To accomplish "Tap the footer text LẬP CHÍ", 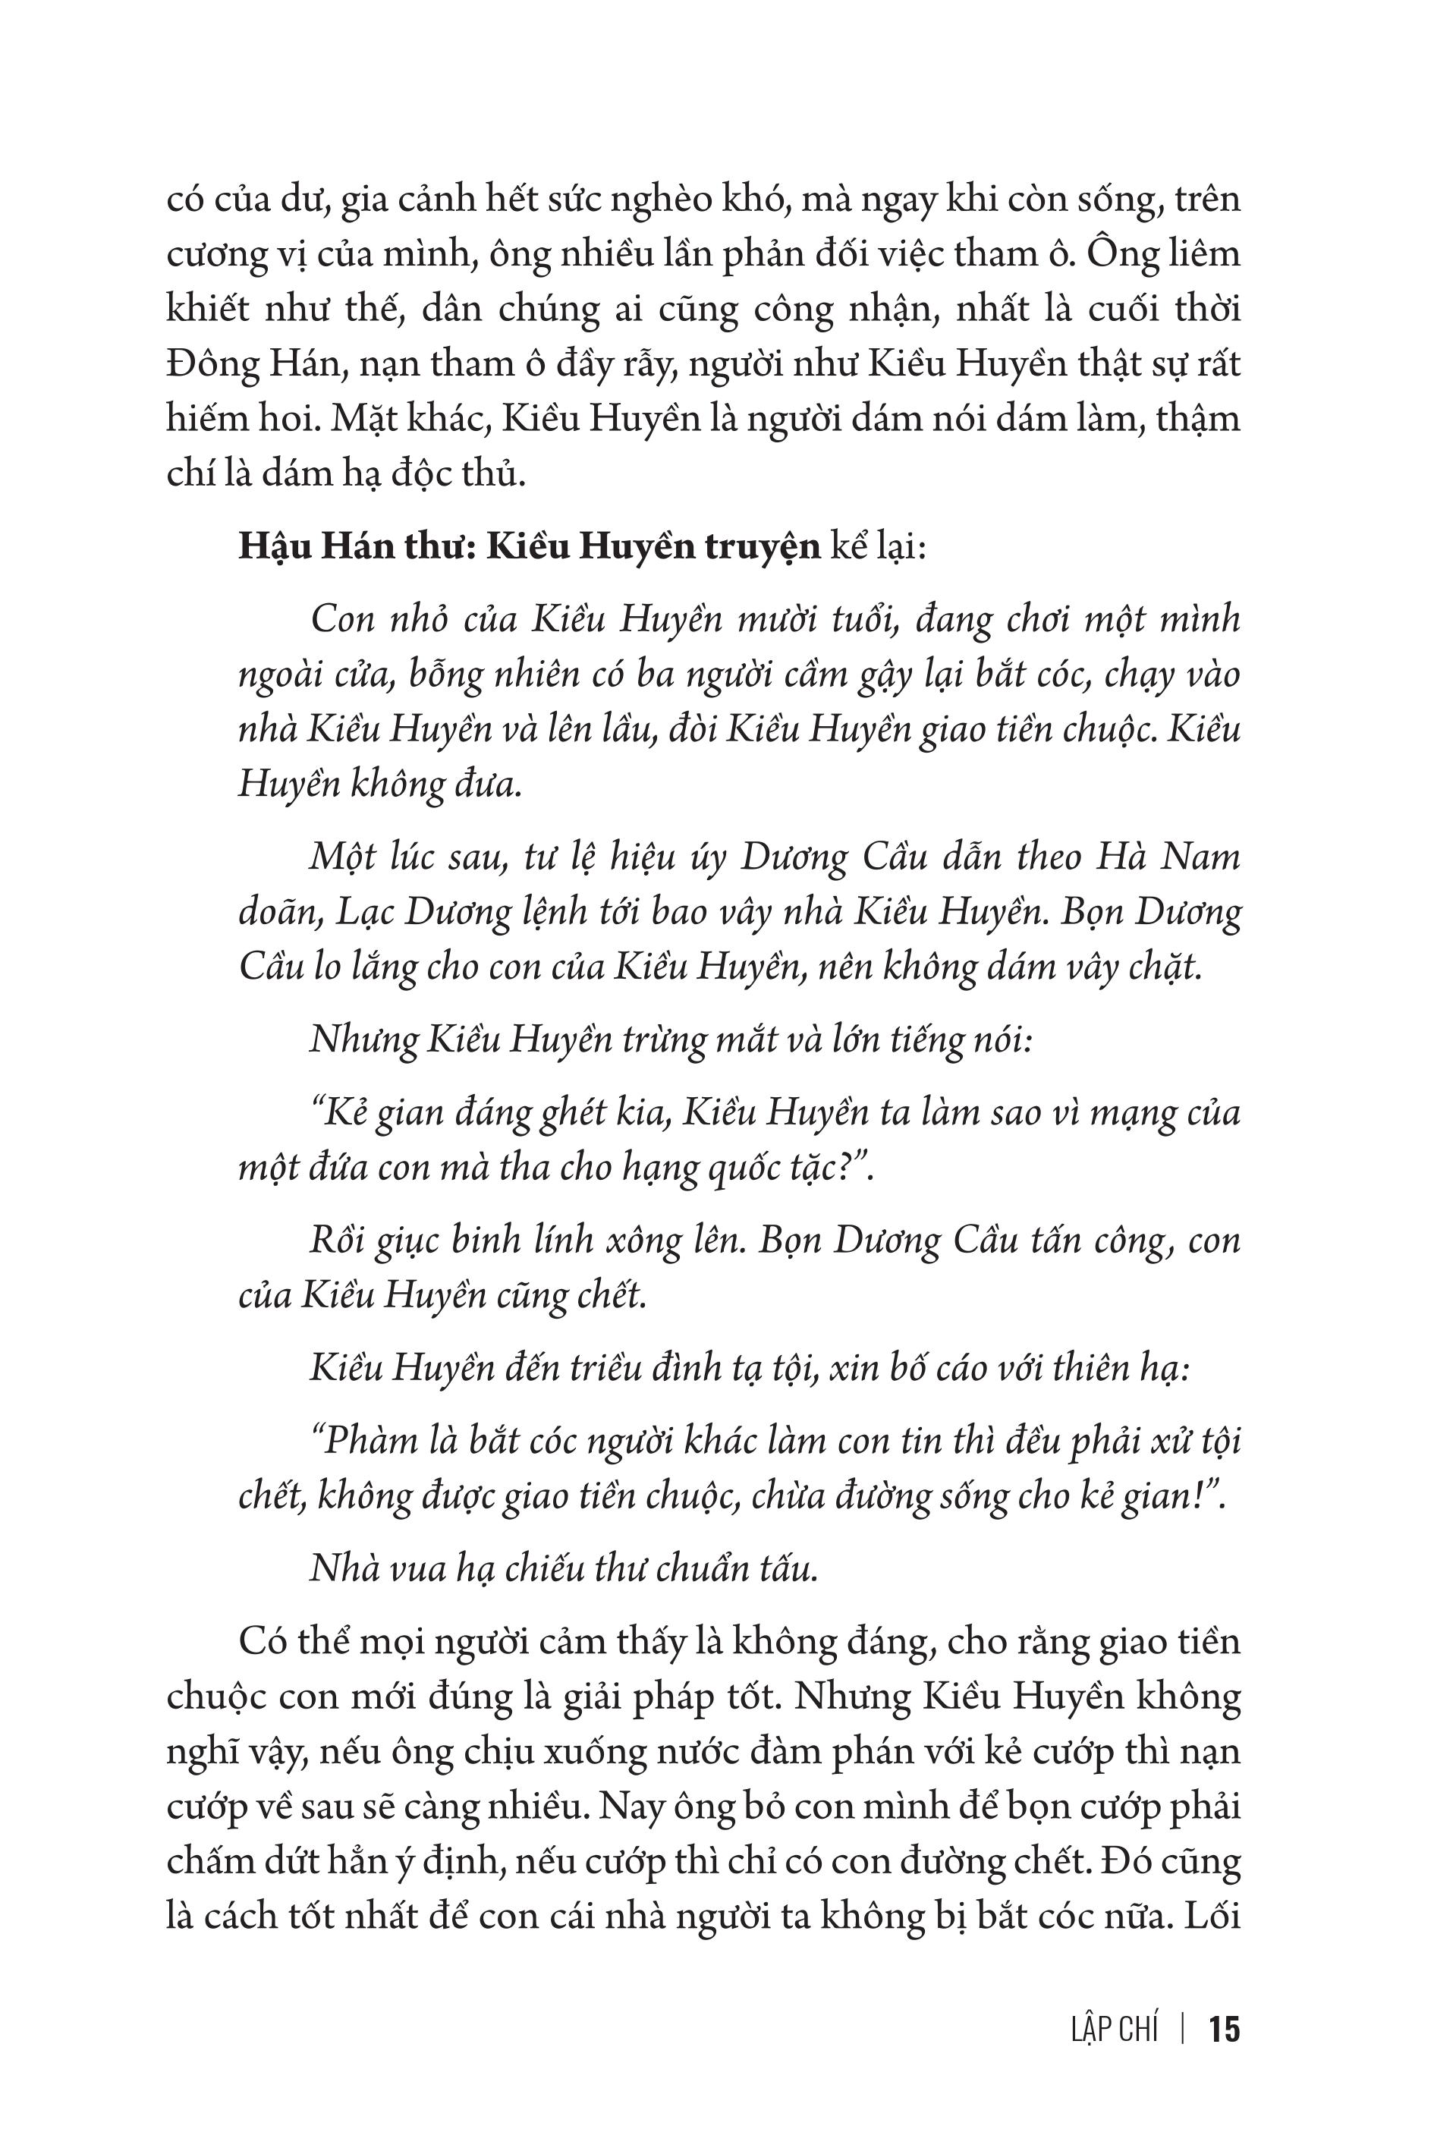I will (1113, 2030).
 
